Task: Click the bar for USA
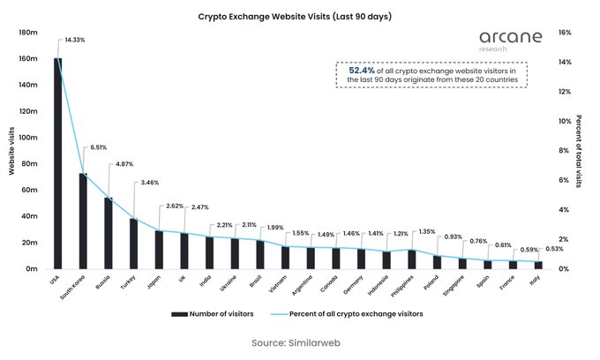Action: pyautogui.click(x=58, y=163)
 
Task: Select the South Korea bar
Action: pyautogui.click(x=83, y=221)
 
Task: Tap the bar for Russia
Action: pyautogui.click(x=109, y=233)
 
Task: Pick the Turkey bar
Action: pyautogui.click(x=134, y=244)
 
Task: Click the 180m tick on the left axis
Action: pyautogui.click(x=27, y=33)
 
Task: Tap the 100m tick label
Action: pyautogui.click(x=27, y=138)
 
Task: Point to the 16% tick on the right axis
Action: pyautogui.click(x=566, y=33)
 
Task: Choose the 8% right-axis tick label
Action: pyautogui.click(x=564, y=151)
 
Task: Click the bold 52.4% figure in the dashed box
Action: pyautogui.click(x=362, y=70)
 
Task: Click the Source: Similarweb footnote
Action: pyautogui.click(x=296, y=342)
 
